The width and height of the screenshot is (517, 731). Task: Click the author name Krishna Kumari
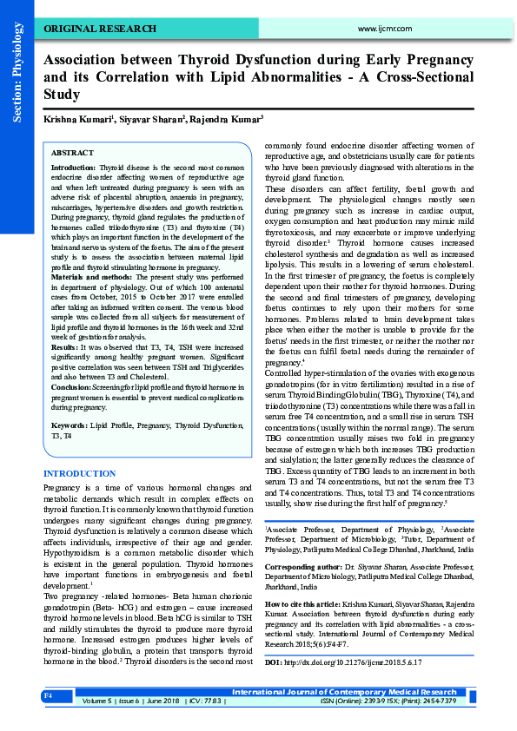[x=74, y=118]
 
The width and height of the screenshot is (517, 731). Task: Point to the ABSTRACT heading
[x=72, y=151]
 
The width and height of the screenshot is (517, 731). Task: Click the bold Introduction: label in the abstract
[x=75, y=165]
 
